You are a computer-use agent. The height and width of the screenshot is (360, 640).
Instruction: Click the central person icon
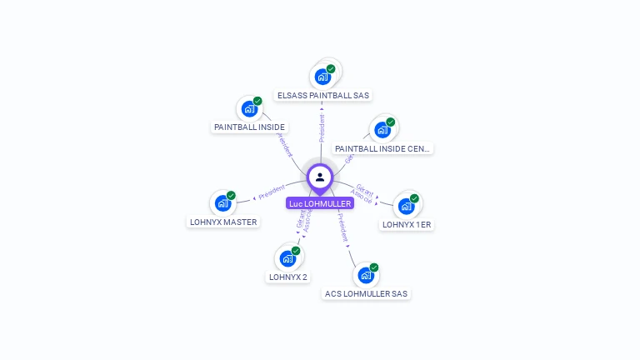click(x=320, y=177)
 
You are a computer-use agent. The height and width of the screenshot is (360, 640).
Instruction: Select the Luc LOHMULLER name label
click(x=320, y=203)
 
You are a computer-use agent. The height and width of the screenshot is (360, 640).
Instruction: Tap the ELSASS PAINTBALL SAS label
click(x=323, y=95)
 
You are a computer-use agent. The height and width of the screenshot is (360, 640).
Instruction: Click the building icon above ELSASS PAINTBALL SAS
click(x=322, y=77)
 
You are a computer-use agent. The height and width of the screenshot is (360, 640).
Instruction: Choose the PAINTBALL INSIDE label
click(x=249, y=127)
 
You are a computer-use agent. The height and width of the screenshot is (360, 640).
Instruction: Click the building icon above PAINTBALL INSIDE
click(x=249, y=108)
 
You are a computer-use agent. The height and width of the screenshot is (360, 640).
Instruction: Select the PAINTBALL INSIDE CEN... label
click(x=382, y=148)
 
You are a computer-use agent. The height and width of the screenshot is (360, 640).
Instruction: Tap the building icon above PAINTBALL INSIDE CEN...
click(x=382, y=130)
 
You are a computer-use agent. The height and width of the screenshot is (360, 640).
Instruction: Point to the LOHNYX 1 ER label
click(x=407, y=224)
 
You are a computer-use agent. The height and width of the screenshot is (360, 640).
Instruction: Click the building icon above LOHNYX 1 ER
click(x=406, y=206)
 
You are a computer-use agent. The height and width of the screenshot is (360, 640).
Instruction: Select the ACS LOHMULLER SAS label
click(x=366, y=293)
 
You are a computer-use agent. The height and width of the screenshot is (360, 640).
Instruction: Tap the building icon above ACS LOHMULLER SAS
click(x=366, y=275)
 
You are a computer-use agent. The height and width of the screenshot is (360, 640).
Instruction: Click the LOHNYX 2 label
click(x=288, y=277)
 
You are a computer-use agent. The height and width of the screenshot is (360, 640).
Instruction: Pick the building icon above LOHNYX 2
click(x=287, y=258)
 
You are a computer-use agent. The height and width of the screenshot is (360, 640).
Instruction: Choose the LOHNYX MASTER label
click(x=223, y=222)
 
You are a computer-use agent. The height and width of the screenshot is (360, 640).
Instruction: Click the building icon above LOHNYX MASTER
click(x=222, y=203)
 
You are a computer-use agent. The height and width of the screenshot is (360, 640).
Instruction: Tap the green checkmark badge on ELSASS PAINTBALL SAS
click(x=331, y=69)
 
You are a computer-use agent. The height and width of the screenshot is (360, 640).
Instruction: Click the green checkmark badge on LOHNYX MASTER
click(x=231, y=196)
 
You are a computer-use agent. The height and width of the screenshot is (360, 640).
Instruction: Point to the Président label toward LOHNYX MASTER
click(x=272, y=192)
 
